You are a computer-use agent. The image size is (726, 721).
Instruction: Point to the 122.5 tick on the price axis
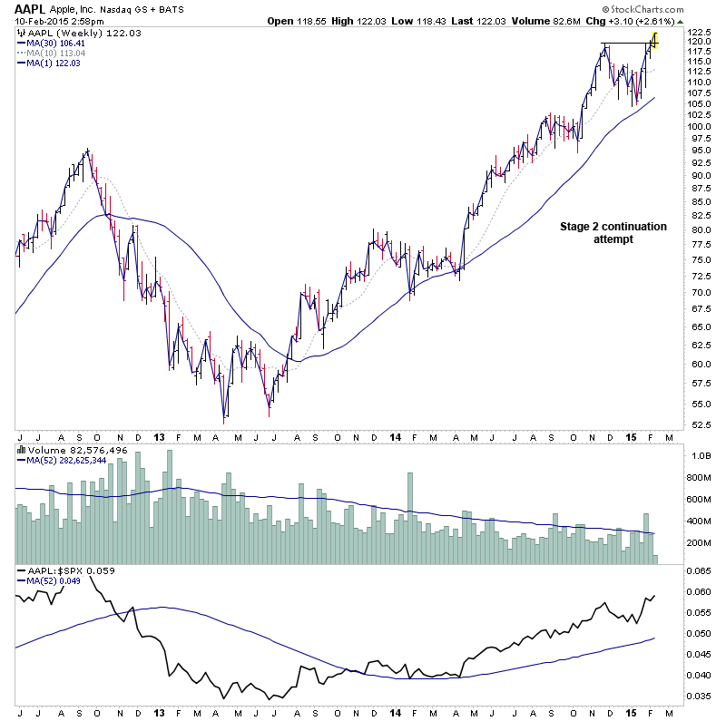tap(699, 33)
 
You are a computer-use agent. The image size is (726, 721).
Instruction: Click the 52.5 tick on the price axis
tap(697, 424)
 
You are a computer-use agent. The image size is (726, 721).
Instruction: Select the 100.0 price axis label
tap(699, 126)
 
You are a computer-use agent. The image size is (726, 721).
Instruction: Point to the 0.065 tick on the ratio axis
tap(699, 572)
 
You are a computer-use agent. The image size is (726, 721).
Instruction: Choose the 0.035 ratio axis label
tap(699, 696)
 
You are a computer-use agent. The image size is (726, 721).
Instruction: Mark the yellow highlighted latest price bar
tap(654, 39)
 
